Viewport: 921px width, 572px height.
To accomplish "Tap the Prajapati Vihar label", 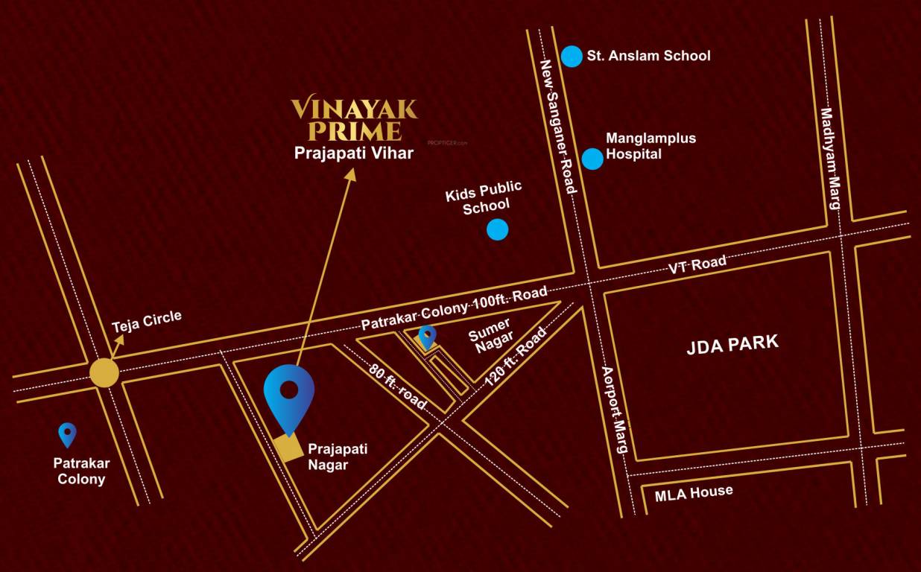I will click(353, 154).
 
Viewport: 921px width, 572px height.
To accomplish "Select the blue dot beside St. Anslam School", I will click(572, 57).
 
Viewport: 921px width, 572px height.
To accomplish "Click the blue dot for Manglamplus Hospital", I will click(592, 159).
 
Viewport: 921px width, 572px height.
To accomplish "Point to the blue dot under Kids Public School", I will click(497, 229).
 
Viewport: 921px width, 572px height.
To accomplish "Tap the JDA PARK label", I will click(732, 343).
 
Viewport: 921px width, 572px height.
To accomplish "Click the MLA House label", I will click(693, 492).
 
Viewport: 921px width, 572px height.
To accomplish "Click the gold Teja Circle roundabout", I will click(104, 372).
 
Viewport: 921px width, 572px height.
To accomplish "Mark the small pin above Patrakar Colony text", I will click(67, 434).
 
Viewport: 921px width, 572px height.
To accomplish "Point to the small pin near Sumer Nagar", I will click(427, 337).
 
